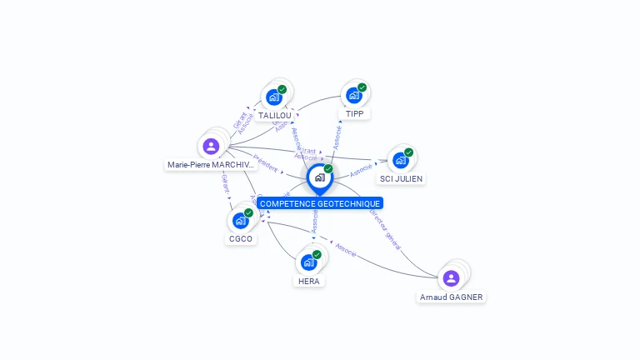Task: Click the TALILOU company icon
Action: click(274, 97)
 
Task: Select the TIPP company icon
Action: click(354, 95)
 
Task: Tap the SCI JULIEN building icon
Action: click(401, 160)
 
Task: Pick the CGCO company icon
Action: click(240, 220)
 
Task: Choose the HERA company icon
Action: click(308, 262)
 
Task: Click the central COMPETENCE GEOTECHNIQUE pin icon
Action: click(319, 177)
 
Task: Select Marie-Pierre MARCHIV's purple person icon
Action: click(211, 146)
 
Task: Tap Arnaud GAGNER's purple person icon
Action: click(451, 277)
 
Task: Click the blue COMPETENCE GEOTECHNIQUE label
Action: click(320, 203)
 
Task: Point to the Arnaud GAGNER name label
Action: click(451, 297)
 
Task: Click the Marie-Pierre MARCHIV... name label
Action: click(211, 165)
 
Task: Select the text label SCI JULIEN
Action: click(402, 178)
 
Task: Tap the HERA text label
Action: click(308, 282)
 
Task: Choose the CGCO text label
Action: click(241, 239)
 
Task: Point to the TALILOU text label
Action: click(274, 116)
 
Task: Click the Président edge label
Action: click(265, 162)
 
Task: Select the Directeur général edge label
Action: click(386, 229)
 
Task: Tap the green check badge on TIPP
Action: click(362, 87)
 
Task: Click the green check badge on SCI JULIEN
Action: click(409, 152)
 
